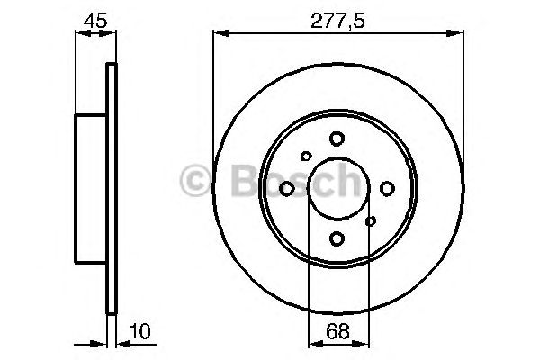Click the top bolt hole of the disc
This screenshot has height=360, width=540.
tap(337, 138)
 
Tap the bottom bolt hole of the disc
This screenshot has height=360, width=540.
tap(337, 238)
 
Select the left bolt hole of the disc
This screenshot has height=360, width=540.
tap(286, 188)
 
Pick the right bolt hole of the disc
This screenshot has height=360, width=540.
tap(387, 188)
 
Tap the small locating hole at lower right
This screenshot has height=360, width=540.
tap(370, 219)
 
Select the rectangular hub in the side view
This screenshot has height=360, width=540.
tap(92, 188)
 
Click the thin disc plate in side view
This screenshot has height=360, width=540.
tap(112, 188)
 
